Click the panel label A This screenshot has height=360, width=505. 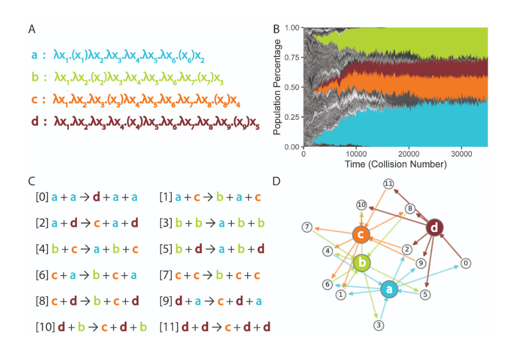31,29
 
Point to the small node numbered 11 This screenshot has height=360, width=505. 388,184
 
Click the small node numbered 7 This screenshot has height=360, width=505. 307,228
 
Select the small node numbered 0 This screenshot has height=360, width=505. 466,263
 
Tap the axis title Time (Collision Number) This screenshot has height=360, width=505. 395,164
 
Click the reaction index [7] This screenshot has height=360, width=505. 166,275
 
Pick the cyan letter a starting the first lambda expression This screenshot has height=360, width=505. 34,55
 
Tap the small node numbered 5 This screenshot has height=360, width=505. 426,295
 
